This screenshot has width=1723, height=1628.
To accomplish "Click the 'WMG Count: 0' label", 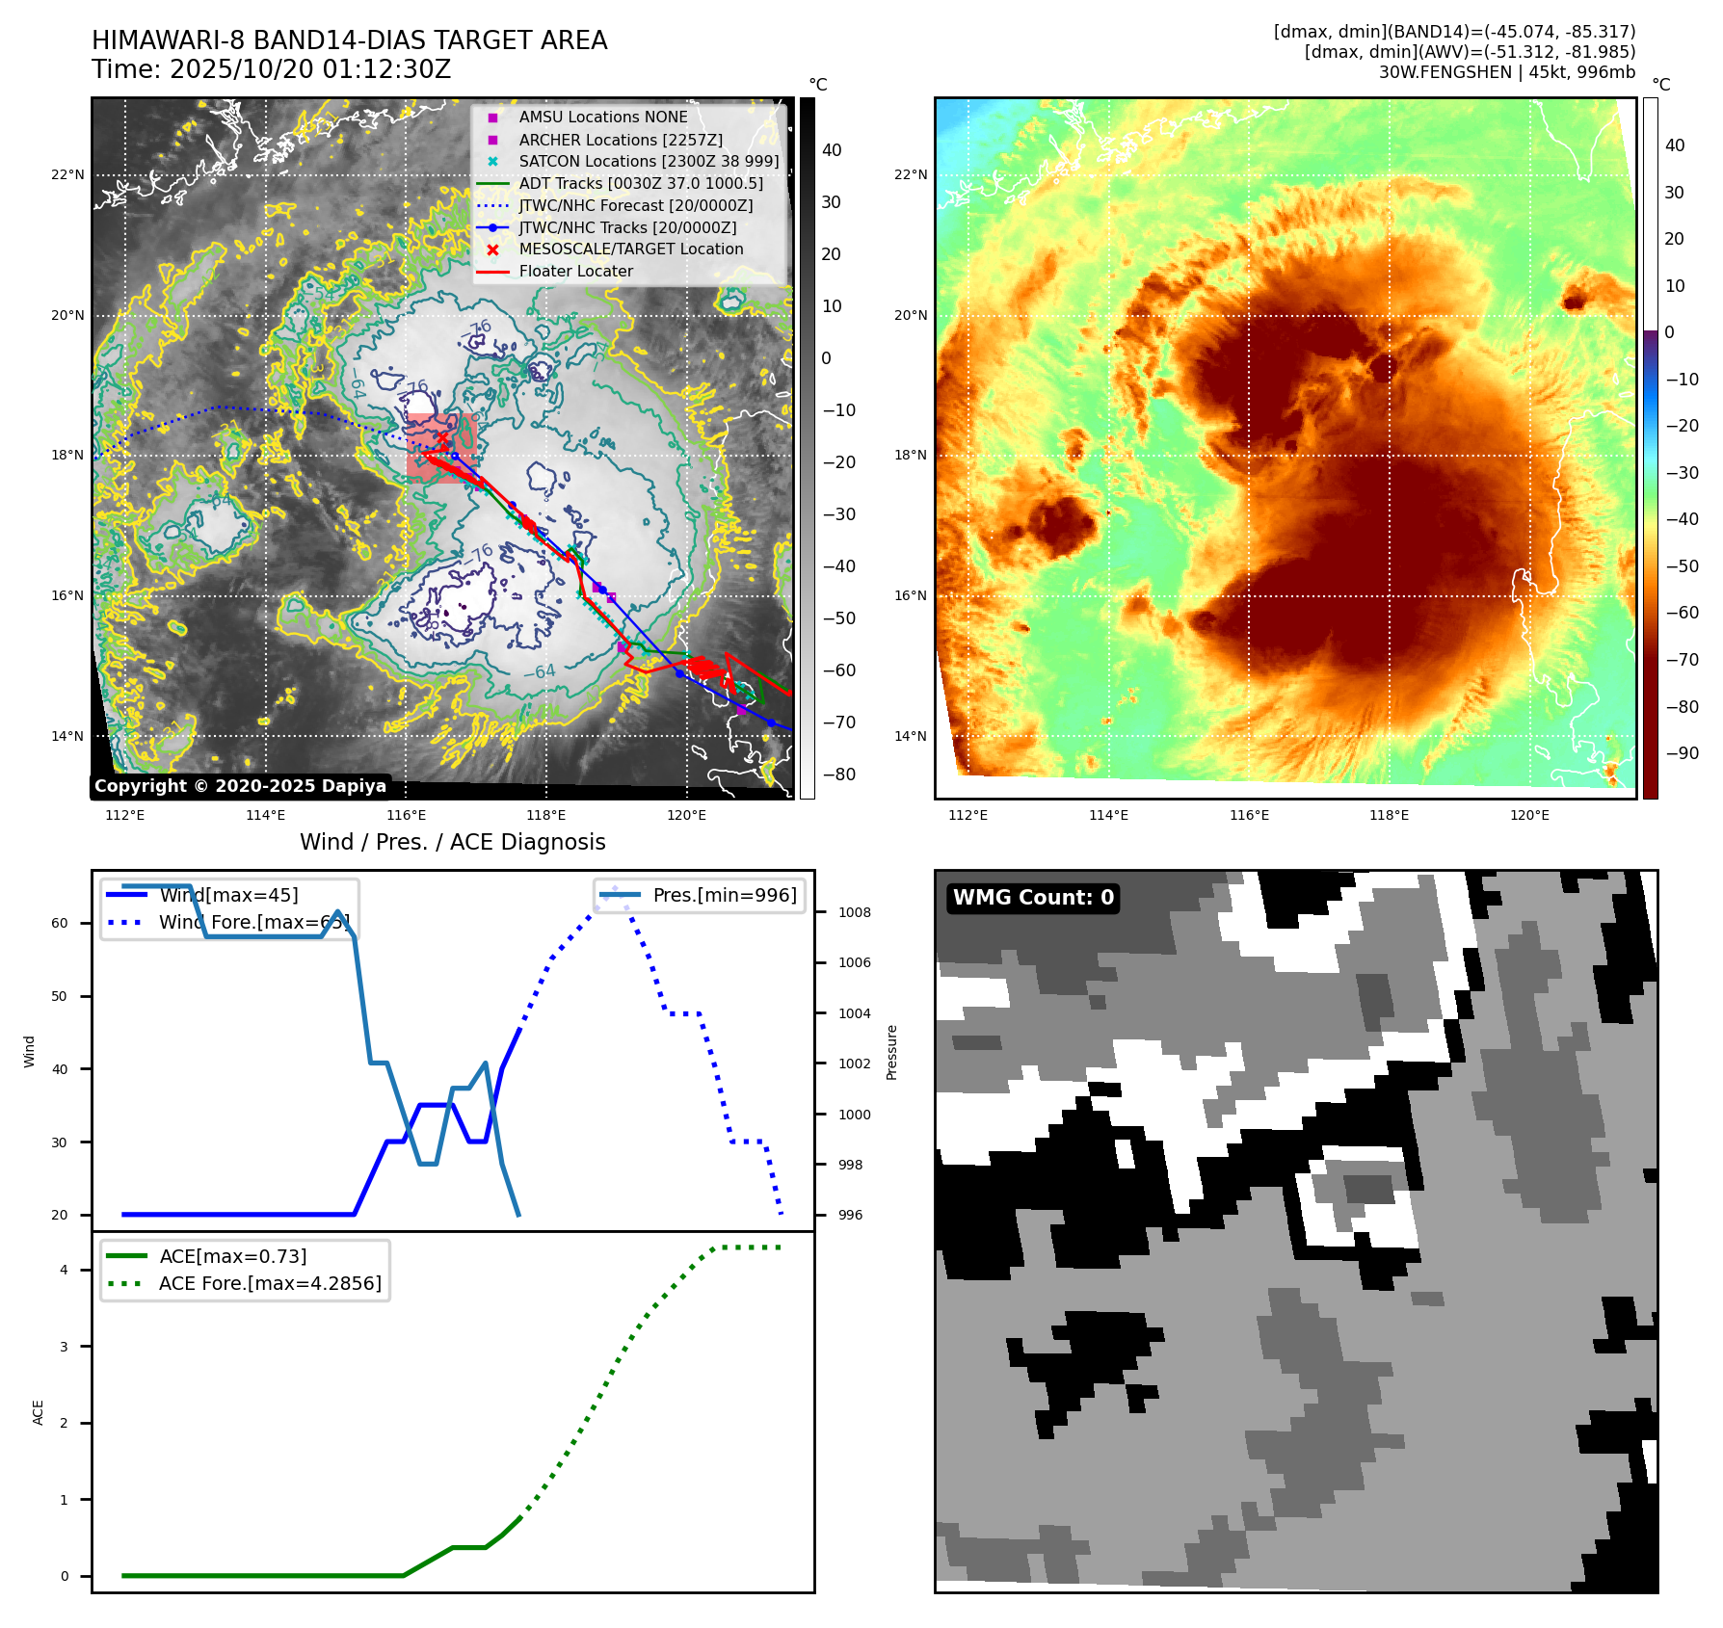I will [1033, 898].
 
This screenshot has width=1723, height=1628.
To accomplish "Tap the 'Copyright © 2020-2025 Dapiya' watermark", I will [240, 786].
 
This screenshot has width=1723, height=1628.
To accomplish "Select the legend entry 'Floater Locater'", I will [575, 272].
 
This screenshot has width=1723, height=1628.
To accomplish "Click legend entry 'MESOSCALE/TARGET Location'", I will [630, 249].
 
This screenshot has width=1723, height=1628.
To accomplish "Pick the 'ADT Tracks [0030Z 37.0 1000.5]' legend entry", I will [640, 183].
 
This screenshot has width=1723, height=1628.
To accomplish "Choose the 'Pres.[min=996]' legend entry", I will [724, 895].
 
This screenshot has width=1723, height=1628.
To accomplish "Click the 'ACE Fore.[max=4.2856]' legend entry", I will [270, 1283].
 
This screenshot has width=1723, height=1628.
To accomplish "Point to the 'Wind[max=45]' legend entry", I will [228, 895].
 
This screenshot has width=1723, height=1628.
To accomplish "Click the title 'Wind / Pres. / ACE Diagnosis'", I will [453, 842].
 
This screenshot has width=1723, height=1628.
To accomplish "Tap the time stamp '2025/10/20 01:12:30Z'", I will [310, 69].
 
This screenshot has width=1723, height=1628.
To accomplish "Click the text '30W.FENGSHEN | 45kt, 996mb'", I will [1506, 72].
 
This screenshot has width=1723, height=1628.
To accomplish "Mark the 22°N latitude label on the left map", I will [67, 174].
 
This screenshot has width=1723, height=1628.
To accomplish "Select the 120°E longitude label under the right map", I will [1529, 815].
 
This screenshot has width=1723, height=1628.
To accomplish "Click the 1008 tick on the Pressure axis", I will [854, 912].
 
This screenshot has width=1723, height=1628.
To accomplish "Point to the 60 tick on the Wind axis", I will [60, 923].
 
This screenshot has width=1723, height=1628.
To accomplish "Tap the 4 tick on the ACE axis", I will [64, 1270].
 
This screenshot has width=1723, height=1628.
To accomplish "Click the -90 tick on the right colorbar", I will [1683, 753].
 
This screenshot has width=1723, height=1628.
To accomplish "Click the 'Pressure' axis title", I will [891, 1052].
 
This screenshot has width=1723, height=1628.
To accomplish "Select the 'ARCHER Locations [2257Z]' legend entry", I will [620, 140].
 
